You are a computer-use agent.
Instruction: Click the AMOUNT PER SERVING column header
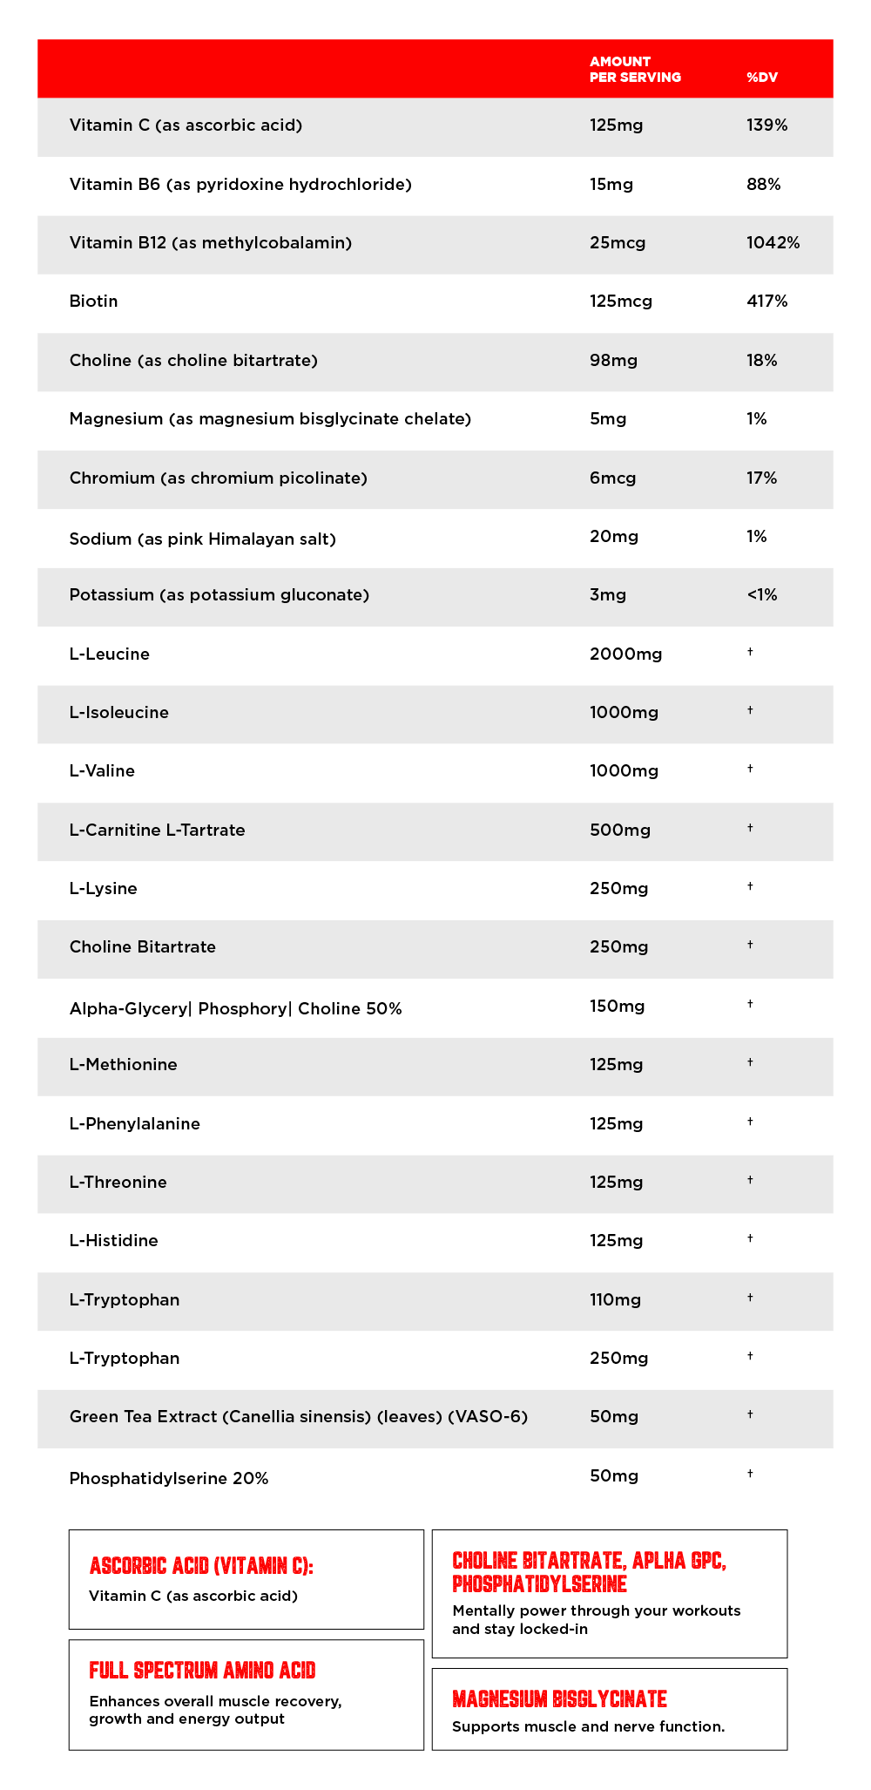pyautogui.click(x=634, y=69)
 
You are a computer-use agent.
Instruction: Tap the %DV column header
pyautogui.click(x=761, y=78)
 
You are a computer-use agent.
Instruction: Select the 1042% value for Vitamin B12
pyautogui.click(x=773, y=243)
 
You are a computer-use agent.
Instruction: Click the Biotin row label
pyautogui.click(x=93, y=302)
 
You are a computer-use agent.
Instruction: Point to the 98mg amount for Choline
pyautogui.click(x=613, y=361)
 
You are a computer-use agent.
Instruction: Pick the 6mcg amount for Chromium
pyautogui.click(x=612, y=478)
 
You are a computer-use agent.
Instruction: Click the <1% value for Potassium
pyautogui.click(x=761, y=595)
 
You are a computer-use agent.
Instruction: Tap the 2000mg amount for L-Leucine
pyautogui.click(x=625, y=654)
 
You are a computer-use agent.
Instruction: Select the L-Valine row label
pyautogui.click(x=102, y=771)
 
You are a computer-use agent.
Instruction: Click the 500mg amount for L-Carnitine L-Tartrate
pyautogui.click(x=619, y=831)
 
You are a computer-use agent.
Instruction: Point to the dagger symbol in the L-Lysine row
pyautogui.click(x=750, y=886)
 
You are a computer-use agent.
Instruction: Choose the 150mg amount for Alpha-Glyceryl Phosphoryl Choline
pyautogui.click(x=617, y=1007)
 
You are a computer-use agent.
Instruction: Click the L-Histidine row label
pyautogui.click(x=113, y=1241)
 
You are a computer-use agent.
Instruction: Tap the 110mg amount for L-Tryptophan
pyautogui.click(x=615, y=1300)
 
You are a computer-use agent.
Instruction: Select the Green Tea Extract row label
pyautogui.click(x=298, y=1417)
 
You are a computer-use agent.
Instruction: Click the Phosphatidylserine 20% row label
pyautogui.click(x=168, y=1479)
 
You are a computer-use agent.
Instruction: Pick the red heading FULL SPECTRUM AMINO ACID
pyautogui.click(x=202, y=1671)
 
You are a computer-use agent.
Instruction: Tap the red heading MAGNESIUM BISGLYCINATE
pyautogui.click(x=559, y=1699)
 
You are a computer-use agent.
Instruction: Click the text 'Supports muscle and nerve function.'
pyautogui.click(x=588, y=1727)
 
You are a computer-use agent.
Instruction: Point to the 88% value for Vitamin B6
pyautogui.click(x=763, y=185)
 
